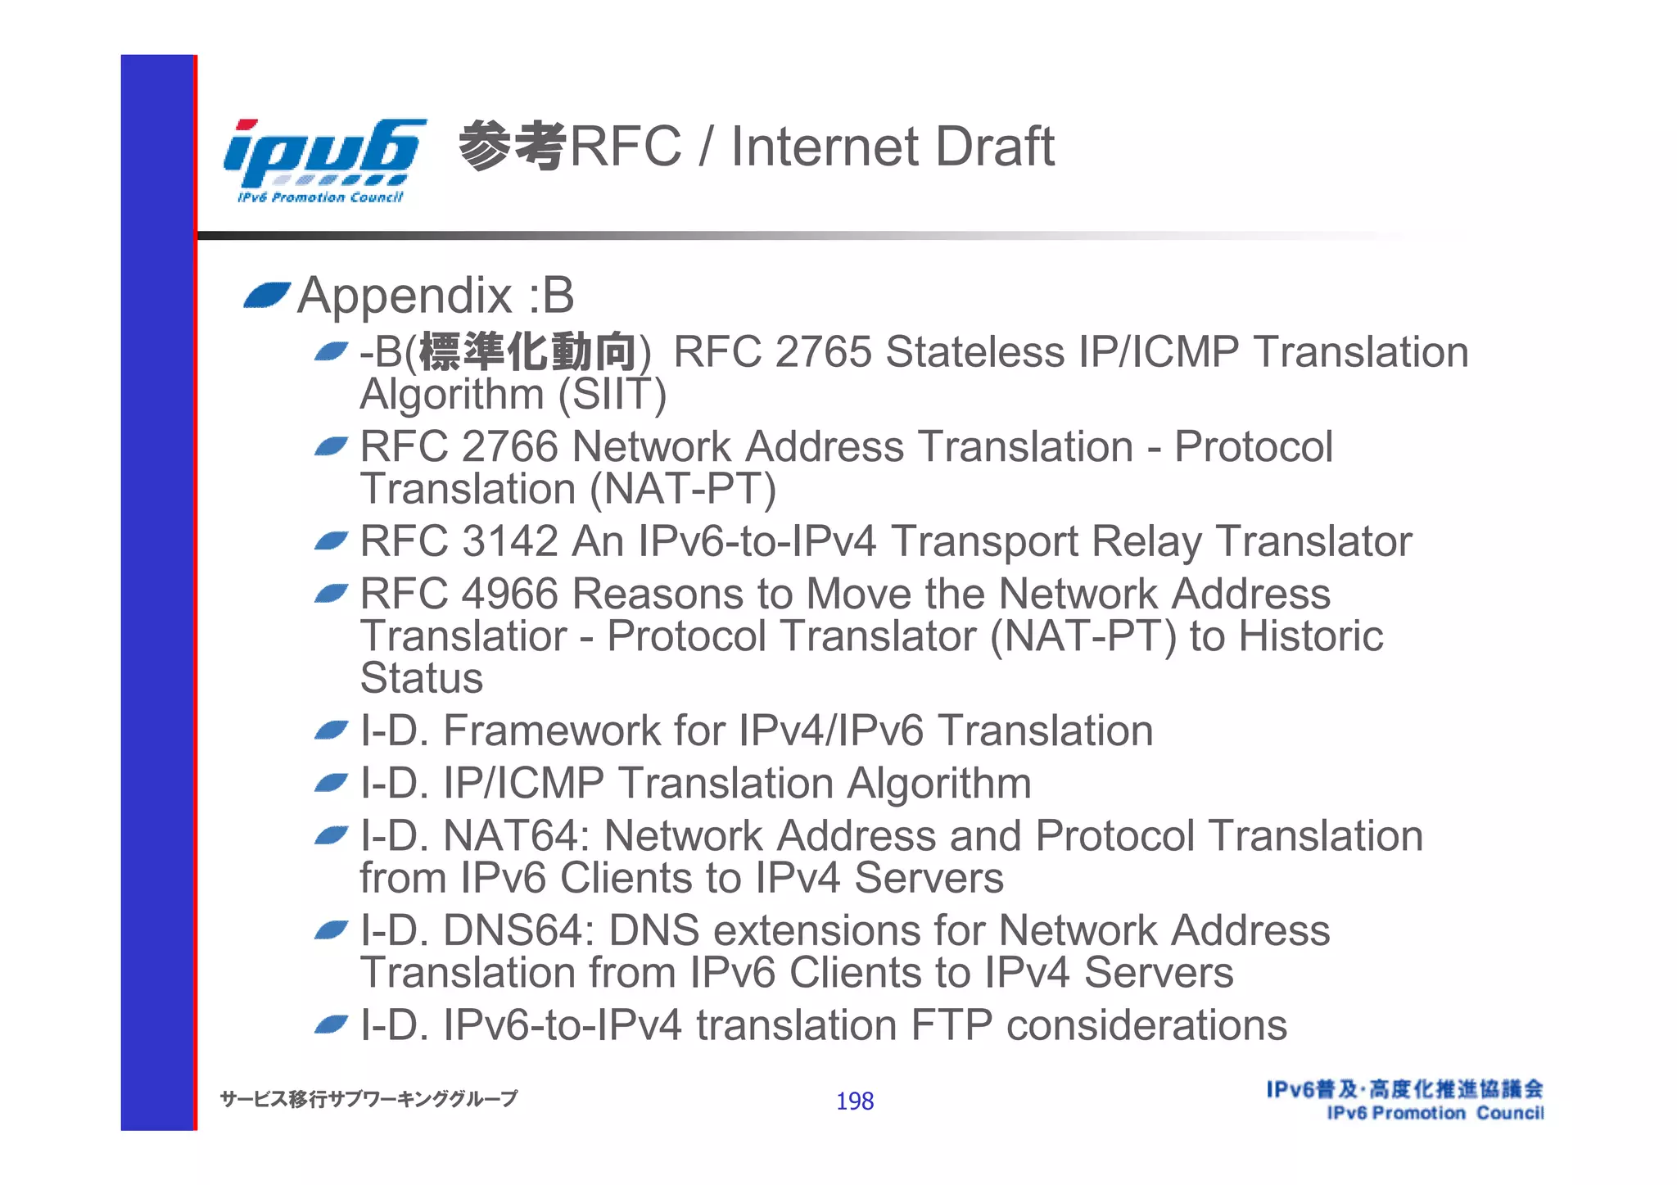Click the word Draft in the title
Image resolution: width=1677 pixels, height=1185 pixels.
994,147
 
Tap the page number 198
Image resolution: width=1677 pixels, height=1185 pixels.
854,1101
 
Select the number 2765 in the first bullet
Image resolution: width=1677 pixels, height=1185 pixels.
822,352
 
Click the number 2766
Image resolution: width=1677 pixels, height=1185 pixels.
509,447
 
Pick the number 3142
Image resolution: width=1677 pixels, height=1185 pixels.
509,541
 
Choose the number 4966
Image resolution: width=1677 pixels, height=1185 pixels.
509,594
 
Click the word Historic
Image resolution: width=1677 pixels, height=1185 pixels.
1310,636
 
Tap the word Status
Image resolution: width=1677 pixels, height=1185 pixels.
422,678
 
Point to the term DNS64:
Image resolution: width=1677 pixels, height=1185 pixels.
518,930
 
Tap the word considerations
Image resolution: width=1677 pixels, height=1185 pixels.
1146,1025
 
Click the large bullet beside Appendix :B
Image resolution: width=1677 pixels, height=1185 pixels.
267,296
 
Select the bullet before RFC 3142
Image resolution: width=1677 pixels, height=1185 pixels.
332,541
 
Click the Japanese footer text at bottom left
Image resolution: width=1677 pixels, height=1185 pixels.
368,1099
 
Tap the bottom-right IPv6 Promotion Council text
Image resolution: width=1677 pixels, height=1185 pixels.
1435,1113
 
